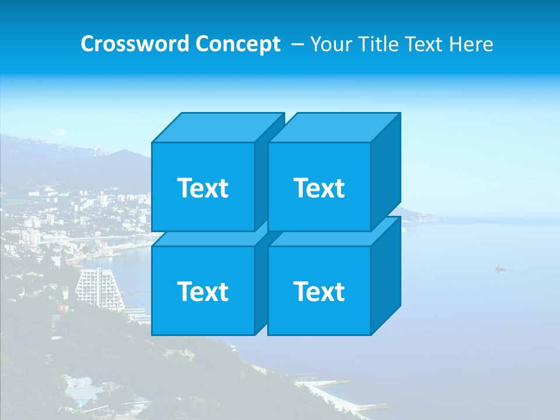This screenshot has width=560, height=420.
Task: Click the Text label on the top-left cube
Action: (202, 188)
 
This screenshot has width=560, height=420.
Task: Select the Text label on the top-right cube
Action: (318, 188)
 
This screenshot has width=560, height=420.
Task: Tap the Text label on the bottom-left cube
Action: (202, 291)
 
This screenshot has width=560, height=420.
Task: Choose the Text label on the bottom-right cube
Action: (318, 291)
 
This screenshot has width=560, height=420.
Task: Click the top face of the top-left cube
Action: (217, 127)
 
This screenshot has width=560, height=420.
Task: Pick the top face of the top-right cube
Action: (334, 127)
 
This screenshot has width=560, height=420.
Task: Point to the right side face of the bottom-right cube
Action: (386, 277)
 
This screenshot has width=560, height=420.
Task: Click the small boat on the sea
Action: (500, 268)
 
